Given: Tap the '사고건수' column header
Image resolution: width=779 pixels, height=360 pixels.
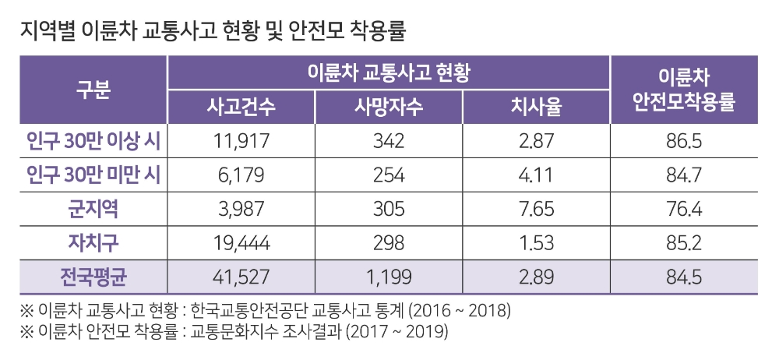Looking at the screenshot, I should tap(241, 107).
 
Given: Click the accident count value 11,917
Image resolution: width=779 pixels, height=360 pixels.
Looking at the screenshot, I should tap(241, 142).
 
